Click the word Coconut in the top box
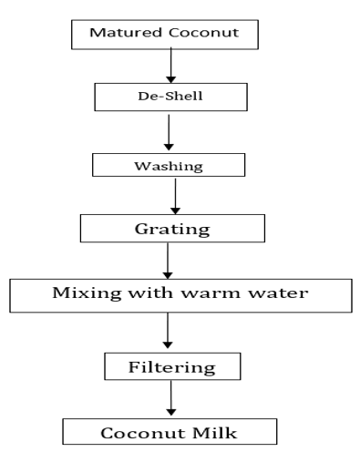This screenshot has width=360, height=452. click(x=204, y=33)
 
